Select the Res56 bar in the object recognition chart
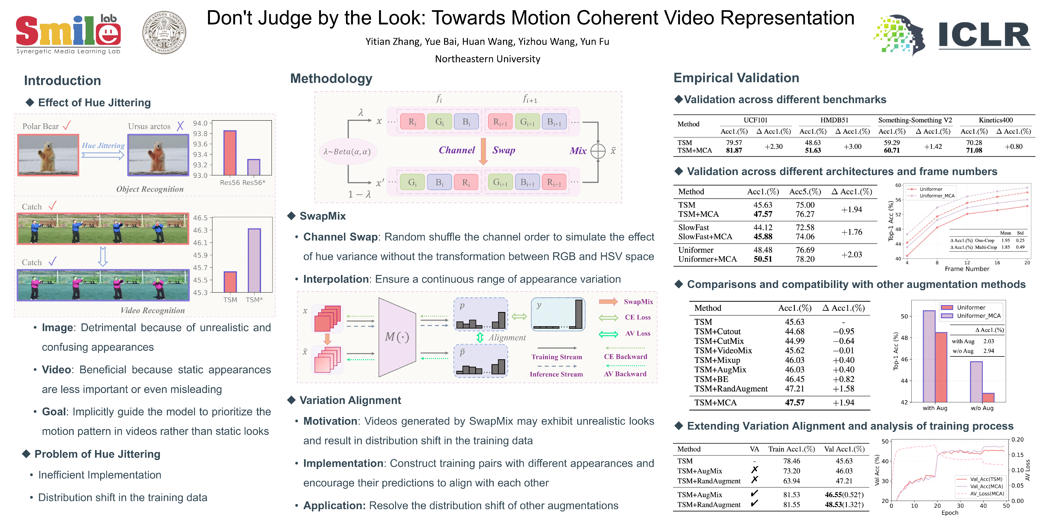[230, 153]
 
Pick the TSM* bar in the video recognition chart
[254, 260]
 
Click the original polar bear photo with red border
[48, 155]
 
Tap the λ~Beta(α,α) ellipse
[347, 152]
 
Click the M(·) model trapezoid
[397, 337]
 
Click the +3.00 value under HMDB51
[852, 147]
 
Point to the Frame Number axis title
[967, 269]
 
